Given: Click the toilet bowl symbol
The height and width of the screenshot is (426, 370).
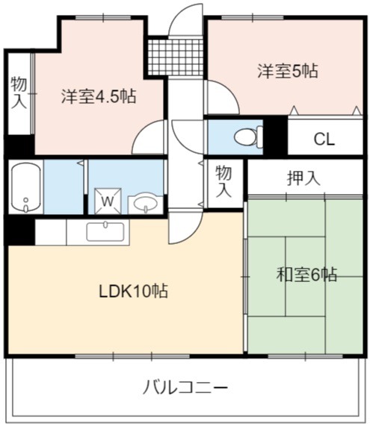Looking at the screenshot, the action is coord(248,137).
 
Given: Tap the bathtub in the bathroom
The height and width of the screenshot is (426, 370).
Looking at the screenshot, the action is coord(26,187).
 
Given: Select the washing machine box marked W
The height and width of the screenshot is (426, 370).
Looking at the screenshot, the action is coord(108,201).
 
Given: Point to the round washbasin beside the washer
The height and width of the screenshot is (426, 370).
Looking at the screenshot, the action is coord(146,203).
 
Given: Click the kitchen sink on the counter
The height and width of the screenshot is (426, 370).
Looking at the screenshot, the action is coord(105,231).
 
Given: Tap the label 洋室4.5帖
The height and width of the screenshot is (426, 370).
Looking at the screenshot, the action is coord(99,96).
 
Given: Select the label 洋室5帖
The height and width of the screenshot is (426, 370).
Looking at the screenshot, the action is coord(288,71).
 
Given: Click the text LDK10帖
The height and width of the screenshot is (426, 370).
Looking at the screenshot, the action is coord(133,291).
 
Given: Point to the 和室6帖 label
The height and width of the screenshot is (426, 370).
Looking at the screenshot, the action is coord(306,275).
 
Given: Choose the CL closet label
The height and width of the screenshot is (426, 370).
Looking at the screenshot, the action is coord(324,140).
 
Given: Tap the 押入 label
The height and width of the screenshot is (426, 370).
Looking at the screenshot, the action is coord(303,178).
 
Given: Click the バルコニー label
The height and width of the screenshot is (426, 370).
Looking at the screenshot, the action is coord(185,387).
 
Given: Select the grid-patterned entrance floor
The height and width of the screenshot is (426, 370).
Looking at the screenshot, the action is coord(176,57).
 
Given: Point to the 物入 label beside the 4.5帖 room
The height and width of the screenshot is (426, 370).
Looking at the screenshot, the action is coord(19,93).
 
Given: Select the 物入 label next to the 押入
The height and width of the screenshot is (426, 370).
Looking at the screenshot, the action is coord(223,182).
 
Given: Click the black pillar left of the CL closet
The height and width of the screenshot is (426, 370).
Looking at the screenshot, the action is coord(275,135).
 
